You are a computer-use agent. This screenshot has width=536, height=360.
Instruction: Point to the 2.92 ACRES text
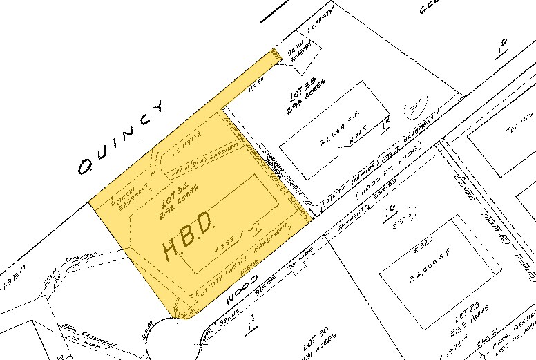(178, 206)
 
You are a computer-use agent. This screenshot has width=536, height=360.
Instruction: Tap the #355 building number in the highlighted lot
(225, 245)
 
